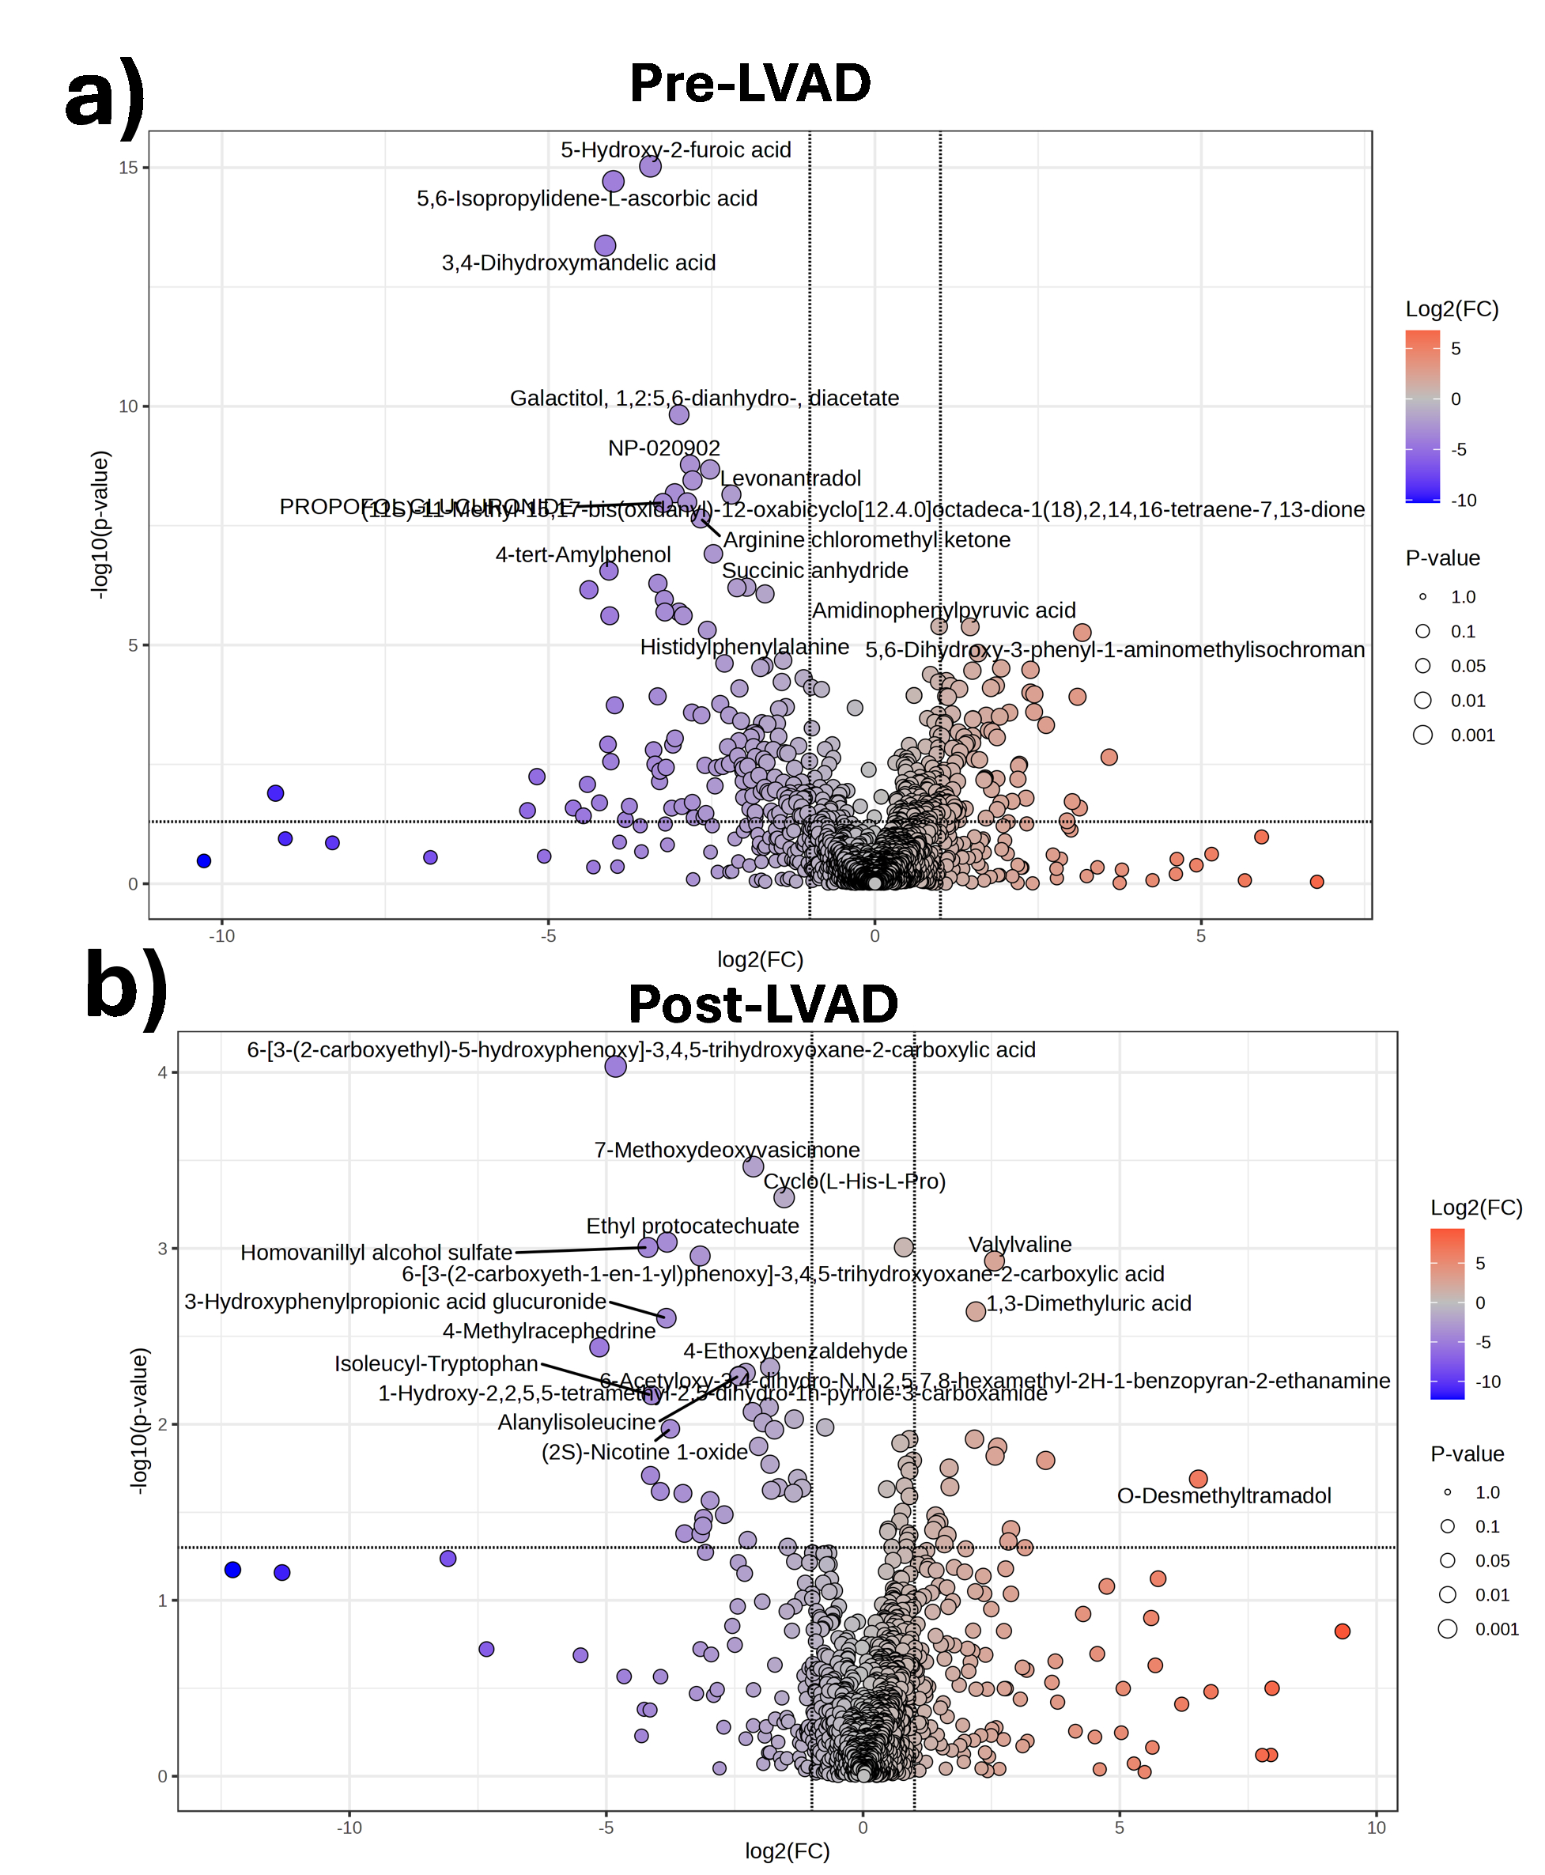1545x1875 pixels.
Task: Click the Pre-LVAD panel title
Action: coord(750,84)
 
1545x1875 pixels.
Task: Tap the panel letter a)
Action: coord(104,96)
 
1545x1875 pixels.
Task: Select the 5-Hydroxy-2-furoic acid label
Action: coord(675,149)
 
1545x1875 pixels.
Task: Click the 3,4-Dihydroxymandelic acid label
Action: coord(579,263)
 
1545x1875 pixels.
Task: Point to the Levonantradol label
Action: coord(791,478)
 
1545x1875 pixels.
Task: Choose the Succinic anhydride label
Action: coord(814,570)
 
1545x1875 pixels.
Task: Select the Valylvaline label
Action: coord(1020,1244)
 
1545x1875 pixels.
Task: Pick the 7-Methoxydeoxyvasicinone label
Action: coord(726,1150)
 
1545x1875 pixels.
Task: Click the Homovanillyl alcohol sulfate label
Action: coord(376,1252)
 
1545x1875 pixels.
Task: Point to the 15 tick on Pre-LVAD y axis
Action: coord(128,168)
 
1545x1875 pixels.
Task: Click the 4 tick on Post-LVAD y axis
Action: coord(162,1072)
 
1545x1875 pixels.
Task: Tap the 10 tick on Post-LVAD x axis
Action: coord(1376,1828)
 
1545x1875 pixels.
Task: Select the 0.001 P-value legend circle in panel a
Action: coord(1422,735)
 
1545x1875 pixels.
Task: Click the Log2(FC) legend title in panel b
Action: coord(1476,1208)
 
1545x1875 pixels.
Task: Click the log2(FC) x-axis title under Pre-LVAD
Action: coord(760,959)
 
